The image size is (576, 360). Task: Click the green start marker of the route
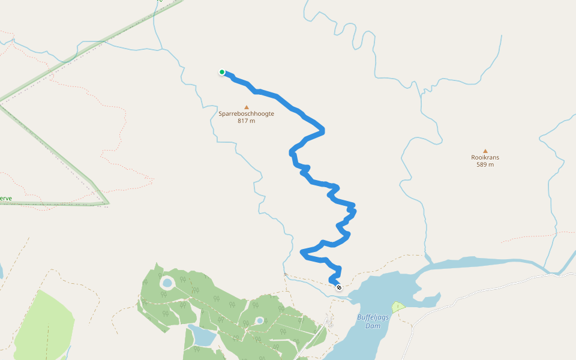point(222,73)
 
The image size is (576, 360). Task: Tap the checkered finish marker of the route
point(340,287)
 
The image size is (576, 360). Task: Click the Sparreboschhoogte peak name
point(246,113)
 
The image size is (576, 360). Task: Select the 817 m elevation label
point(246,121)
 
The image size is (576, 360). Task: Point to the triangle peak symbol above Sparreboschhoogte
point(246,107)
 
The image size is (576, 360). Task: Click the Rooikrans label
point(485,158)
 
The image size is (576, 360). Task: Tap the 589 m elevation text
point(485,164)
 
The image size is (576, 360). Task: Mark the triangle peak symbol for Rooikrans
point(485,151)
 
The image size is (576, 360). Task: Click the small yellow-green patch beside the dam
point(398,307)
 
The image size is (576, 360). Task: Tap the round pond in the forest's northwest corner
point(167,282)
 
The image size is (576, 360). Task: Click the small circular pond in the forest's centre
point(260,321)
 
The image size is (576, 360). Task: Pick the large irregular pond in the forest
point(203,336)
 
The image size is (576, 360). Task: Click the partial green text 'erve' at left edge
point(5,198)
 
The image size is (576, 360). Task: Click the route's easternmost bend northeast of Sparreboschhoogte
point(323,130)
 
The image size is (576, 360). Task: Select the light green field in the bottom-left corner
point(42,327)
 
